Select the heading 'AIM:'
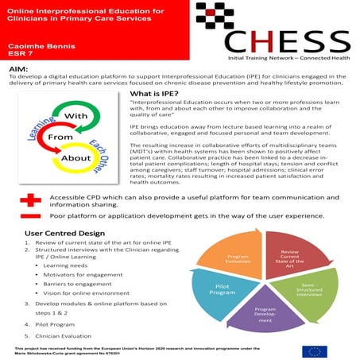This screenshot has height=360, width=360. pyautogui.click(x=17, y=71)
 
